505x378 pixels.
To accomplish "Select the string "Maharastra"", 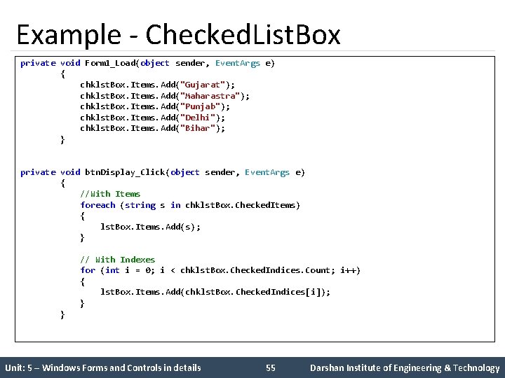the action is coord(210,96).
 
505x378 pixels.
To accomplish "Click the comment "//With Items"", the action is coord(110,194).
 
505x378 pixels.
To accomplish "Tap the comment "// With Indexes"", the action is coord(117,260).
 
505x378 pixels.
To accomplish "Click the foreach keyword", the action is coord(97,205).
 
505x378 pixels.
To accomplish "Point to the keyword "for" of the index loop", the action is coord(88,270).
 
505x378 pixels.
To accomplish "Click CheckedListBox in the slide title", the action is coord(243,35).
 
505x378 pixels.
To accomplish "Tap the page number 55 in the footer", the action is coord(271,367).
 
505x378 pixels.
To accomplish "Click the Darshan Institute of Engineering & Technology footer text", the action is coord(405,367).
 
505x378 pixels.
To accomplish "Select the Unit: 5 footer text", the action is coord(102,367).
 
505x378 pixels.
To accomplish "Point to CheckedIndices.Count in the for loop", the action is coord(283,270).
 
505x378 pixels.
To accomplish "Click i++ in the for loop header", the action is coord(348,270).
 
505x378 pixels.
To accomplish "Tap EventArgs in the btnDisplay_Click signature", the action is coord(267,172).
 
